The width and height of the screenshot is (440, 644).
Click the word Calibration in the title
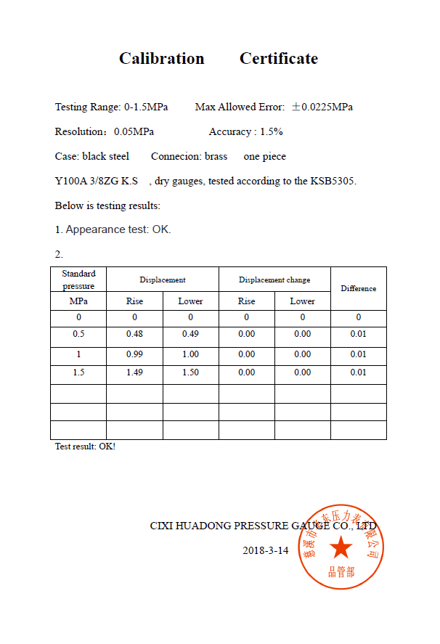pos(161,59)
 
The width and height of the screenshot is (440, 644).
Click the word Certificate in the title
pos(279,59)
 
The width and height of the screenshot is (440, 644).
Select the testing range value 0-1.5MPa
pos(146,107)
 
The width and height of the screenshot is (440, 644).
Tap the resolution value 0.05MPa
pos(134,131)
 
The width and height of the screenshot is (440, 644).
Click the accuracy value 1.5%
pos(271,131)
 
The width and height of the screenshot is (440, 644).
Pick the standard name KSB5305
pos(333,181)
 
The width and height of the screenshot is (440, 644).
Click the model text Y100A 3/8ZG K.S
pos(96,181)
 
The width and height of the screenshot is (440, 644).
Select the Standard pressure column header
pos(78,280)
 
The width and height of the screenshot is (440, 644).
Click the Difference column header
pos(358,288)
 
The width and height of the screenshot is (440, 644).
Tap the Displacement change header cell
pos(274,280)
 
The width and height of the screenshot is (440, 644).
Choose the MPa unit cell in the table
pos(78,301)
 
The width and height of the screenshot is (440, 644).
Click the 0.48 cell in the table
pos(134,334)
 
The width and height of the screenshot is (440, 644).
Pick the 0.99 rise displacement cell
pos(134,354)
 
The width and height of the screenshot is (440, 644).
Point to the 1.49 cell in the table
pos(134,372)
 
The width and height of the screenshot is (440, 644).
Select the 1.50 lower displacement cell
pos(190,372)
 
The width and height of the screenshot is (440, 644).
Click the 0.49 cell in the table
pos(190,334)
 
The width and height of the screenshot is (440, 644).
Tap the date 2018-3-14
pos(265,550)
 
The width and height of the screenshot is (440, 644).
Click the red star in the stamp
pos(341,547)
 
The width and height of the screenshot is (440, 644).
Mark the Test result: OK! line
pos(85,447)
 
